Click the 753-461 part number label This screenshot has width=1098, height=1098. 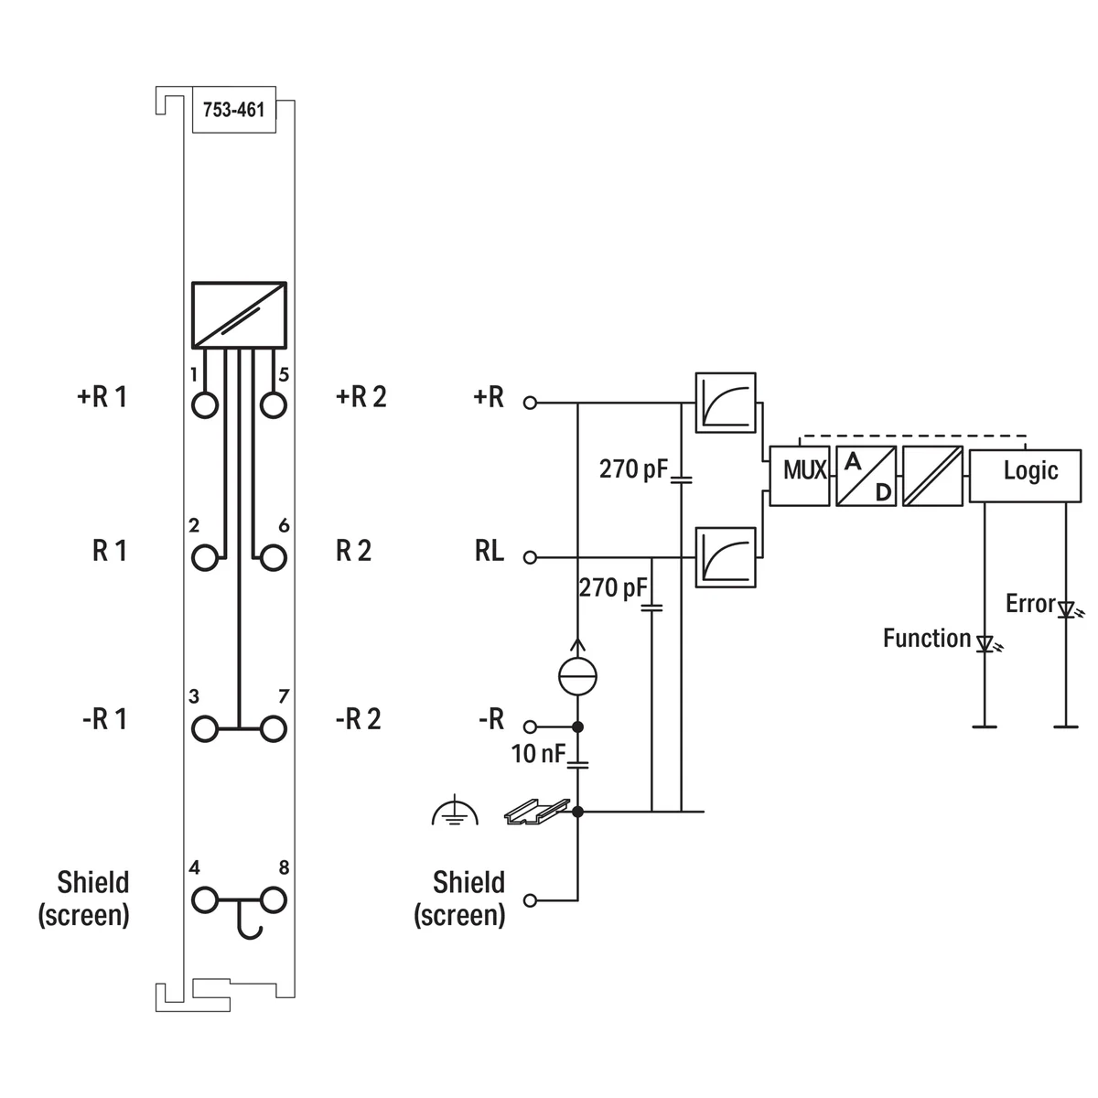pos(233,111)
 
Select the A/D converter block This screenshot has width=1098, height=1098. pos(866,476)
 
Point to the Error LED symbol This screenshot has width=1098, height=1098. pos(1066,609)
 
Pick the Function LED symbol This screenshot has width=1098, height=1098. pos(985,643)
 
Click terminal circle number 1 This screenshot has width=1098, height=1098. pos(206,404)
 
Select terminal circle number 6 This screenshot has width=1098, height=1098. pos(273,557)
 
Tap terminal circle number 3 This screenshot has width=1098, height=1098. pos(206,729)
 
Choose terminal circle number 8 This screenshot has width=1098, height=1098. pos(273,900)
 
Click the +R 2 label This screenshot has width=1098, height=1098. pos(361,397)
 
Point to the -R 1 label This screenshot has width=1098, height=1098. pos(103,719)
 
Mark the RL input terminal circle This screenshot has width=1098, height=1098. pos(530,557)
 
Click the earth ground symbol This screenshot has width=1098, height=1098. pos(455,811)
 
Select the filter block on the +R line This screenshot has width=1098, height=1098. pos(726,402)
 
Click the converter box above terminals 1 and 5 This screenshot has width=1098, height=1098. pos(239,315)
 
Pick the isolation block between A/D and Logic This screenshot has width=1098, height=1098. pos(932,476)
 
